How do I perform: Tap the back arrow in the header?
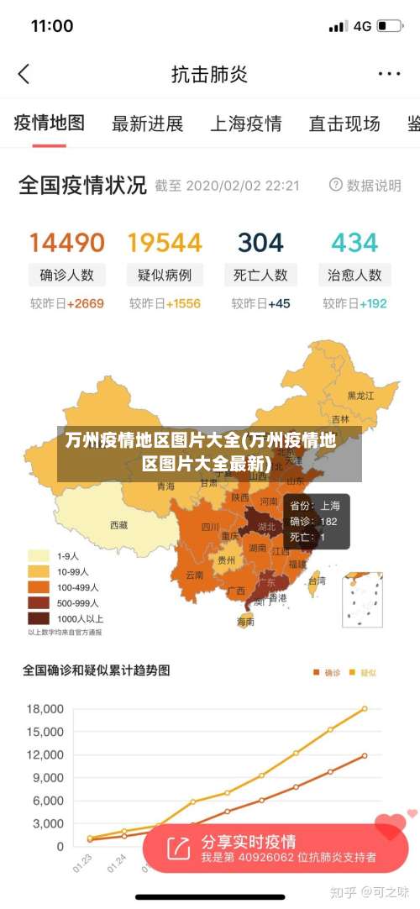[x=24, y=74]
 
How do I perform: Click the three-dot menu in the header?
[x=389, y=74]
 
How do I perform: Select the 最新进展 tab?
[x=147, y=124]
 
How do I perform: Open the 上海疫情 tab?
[x=245, y=124]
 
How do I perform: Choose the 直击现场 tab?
[x=344, y=124]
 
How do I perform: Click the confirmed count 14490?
[x=67, y=243]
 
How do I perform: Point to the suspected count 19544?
[x=165, y=243]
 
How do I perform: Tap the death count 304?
[x=260, y=243]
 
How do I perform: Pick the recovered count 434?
[x=354, y=243]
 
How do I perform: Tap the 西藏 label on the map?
[x=119, y=525]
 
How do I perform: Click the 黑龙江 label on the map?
[x=360, y=395]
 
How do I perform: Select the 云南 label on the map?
[x=194, y=575]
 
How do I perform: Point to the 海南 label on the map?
[x=245, y=622]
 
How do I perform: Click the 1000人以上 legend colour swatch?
[x=39, y=617]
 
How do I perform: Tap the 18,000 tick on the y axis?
[x=45, y=709]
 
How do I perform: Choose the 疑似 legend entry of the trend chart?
[x=363, y=672]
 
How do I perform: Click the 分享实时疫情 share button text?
[x=248, y=841]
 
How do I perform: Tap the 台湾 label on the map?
[x=316, y=580]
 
